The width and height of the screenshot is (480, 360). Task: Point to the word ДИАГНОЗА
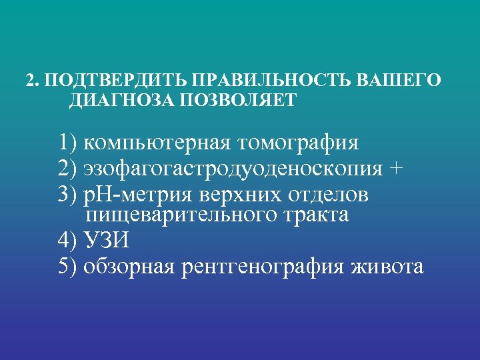click(111, 101)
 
